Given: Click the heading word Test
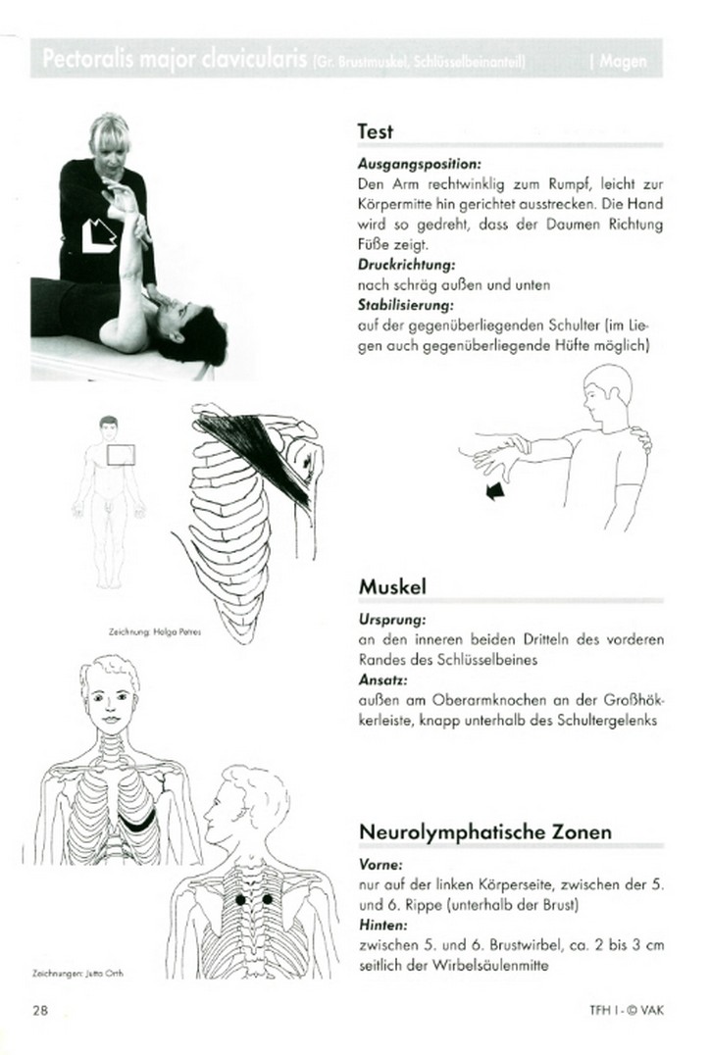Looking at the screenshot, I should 376,131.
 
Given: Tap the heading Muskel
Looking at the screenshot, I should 391,587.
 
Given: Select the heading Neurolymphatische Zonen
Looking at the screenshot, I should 485,832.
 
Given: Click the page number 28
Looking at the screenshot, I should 40,1011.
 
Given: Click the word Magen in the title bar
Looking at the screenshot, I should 624,61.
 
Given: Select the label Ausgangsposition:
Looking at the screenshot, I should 407,165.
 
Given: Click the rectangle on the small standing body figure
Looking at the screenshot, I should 121,454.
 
